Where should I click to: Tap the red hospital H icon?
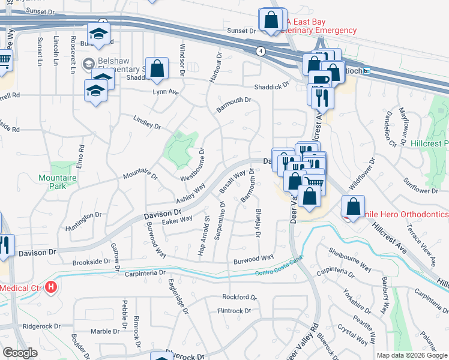(x=51, y=287)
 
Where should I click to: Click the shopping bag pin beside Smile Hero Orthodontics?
(x=354, y=207)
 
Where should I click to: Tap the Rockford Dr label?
(x=239, y=297)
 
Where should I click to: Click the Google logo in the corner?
(x=19, y=353)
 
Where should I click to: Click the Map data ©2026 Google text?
(x=412, y=355)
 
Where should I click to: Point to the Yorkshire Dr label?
(x=362, y=304)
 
